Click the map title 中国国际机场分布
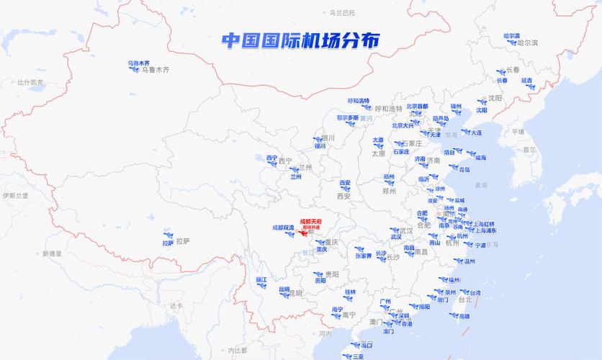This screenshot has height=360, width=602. (300, 40)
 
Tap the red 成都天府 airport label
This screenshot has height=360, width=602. (311, 220)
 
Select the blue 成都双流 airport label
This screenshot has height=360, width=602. (283, 228)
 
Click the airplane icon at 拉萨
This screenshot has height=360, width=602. (169, 235)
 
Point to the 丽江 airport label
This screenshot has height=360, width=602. (261, 279)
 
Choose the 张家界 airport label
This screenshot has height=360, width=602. (364, 256)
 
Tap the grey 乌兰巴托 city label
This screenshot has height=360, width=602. (342, 13)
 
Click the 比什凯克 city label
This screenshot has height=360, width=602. (30, 82)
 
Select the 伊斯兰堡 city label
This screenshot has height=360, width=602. (15, 195)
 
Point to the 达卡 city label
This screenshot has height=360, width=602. (176, 306)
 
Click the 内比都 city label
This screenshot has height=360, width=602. (237, 351)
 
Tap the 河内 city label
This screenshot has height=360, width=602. (325, 334)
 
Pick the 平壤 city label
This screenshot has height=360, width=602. (518, 132)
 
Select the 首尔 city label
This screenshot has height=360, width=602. (531, 150)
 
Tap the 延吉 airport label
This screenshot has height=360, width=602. (527, 81)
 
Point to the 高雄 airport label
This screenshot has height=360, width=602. (464, 316)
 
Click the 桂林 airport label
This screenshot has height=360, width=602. (350, 292)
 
